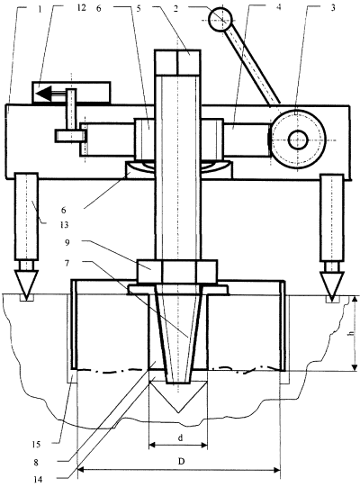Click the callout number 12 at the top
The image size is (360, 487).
tap(81, 8)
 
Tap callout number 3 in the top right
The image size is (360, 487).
tap(333, 8)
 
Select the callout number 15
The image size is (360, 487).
tap(36, 445)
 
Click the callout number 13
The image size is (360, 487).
tap(64, 224)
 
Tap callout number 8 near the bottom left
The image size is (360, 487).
tap(36, 463)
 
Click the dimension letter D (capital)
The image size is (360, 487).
tap(182, 462)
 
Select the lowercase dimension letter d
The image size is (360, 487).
tap(180, 438)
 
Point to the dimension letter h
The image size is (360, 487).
tap(352, 333)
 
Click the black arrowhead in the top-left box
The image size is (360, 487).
tap(43, 93)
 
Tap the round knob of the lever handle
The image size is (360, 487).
tap(220, 19)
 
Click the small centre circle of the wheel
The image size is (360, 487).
tap(298, 140)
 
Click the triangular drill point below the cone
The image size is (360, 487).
tap(178, 396)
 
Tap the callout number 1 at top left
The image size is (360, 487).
tap(40, 9)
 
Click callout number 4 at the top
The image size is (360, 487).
tap(278, 7)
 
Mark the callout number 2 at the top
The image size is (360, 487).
tap(175, 9)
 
